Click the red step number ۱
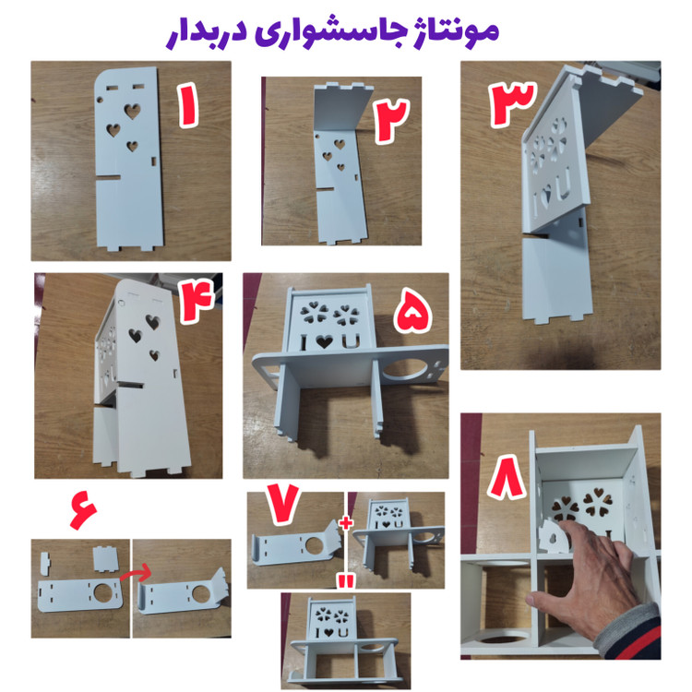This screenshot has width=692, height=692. (x=189, y=106)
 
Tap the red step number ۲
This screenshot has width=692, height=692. (x=391, y=121)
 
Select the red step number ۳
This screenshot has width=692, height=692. (x=512, y=103)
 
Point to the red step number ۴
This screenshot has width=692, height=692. (x=196, y=301)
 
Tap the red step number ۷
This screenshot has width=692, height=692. (x=282, y=503)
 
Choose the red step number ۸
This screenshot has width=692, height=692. (x=507, y=478)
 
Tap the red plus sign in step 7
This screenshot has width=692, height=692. (x=346, y=522)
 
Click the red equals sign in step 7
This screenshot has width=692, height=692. (x=346, y=580)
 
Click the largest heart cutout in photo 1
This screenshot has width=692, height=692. (x=132, y=112)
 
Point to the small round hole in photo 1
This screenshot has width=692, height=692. (x=101, y=100)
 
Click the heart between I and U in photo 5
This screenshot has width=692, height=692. (x=325, y=341)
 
